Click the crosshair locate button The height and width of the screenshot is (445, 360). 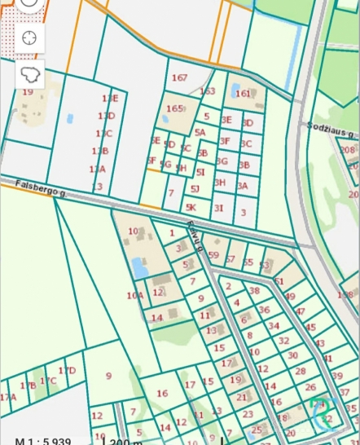tap(29, 37)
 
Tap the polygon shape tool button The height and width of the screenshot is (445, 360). tap(29, 75)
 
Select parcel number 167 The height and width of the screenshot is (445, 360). tap(180, 78)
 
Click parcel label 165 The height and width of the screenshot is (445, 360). tap(174, 108)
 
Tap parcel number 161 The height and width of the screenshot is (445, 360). tap(244, 94)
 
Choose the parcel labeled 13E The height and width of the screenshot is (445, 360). tap(109, 99)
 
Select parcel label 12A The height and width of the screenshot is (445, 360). tap(97, 169)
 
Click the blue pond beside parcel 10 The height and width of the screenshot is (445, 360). tap(139, 267)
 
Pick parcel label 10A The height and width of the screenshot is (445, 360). tap(134, 295)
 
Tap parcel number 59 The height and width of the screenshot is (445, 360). tap(214, 254)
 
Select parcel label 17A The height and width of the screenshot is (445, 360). tap(8, 397)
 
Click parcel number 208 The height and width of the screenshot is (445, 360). tap(348, 150)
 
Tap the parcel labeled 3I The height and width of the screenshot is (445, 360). tap(218, 208)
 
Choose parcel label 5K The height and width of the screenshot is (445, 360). tap(191, 208)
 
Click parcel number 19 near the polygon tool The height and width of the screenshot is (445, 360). tap(28, 92)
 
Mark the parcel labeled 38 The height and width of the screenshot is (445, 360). tap(254, 290)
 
